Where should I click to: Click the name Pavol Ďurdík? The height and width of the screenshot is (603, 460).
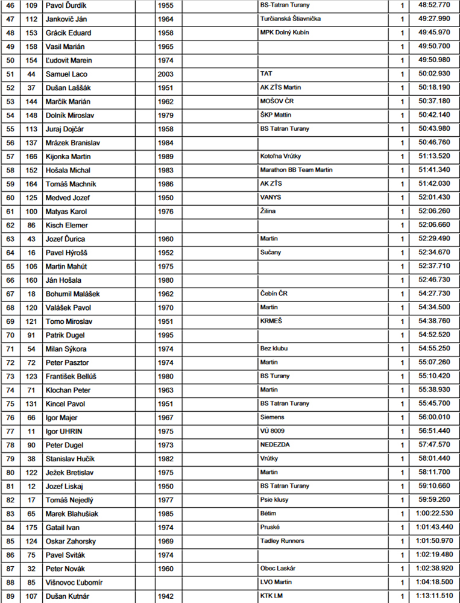(x=66, y=5)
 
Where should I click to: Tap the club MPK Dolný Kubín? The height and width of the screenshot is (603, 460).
(x=285, y=33)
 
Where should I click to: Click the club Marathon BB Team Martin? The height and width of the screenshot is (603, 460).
(x=296, y=170)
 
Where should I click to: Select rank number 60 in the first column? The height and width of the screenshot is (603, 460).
(x=10, y=198)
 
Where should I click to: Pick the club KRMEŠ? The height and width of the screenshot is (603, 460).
(x=271, y=321)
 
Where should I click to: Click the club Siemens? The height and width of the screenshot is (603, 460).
(x=272, y=417)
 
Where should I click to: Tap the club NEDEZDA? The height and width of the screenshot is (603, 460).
(x=274, y=444)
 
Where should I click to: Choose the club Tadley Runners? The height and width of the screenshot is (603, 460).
(x=282, y=541)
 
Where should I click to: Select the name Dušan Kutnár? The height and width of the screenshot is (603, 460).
(x=68, y=596)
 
